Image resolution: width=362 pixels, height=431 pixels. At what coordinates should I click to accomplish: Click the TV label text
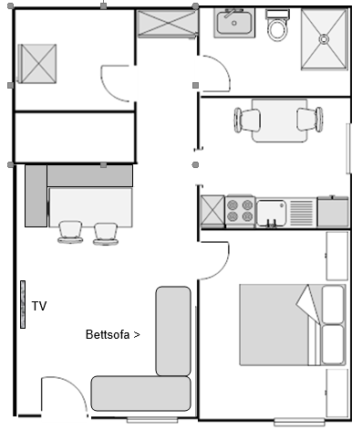pos(39,306)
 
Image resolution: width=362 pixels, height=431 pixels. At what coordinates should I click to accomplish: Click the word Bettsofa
pos(108,334)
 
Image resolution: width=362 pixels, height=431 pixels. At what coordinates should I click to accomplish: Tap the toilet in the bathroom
pos(277,26)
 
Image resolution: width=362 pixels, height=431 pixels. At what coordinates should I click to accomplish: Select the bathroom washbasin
pos(234,23)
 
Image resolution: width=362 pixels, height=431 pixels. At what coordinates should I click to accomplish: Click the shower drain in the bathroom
pos(325,39)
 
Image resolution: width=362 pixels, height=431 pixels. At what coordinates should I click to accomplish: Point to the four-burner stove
pos(240,211)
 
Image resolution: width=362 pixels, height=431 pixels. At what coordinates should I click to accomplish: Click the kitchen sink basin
pos(271,213)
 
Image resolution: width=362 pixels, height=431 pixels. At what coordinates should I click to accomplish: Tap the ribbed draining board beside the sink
pos(301,213)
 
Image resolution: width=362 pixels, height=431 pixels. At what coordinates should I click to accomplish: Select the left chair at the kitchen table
pos(247,121)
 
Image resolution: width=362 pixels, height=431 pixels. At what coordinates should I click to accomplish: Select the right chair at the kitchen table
pos(310,120)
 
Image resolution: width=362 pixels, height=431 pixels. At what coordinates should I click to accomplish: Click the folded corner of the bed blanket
pos(307,303)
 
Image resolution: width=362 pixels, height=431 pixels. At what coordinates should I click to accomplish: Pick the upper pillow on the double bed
pos(333,304)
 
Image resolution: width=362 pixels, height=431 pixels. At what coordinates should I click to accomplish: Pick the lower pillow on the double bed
pos(333,344)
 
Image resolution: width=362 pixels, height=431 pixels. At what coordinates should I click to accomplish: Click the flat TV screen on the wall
pos(23,304)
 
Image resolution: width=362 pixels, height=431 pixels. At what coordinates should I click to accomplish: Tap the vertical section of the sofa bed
pos(173,331)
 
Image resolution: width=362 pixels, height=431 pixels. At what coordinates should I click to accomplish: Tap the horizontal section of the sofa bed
pos(140,394)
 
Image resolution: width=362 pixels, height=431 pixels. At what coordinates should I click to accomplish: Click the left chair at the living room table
pos(70,232)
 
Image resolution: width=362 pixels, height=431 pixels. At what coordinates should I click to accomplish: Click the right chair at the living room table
pos(106,234)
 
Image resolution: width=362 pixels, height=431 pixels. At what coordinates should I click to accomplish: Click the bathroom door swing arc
pos(225,68)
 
